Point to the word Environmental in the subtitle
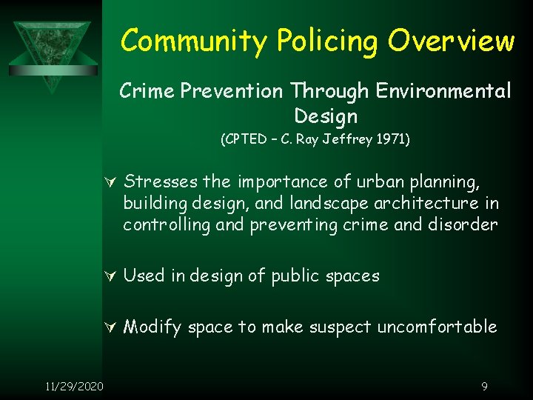click(443, 91)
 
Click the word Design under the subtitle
click(326, 116)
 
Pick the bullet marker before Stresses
click(112, 182)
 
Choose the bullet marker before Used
click(112, 277)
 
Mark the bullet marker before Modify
click(112, 327)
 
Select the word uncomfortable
click(438, 327)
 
